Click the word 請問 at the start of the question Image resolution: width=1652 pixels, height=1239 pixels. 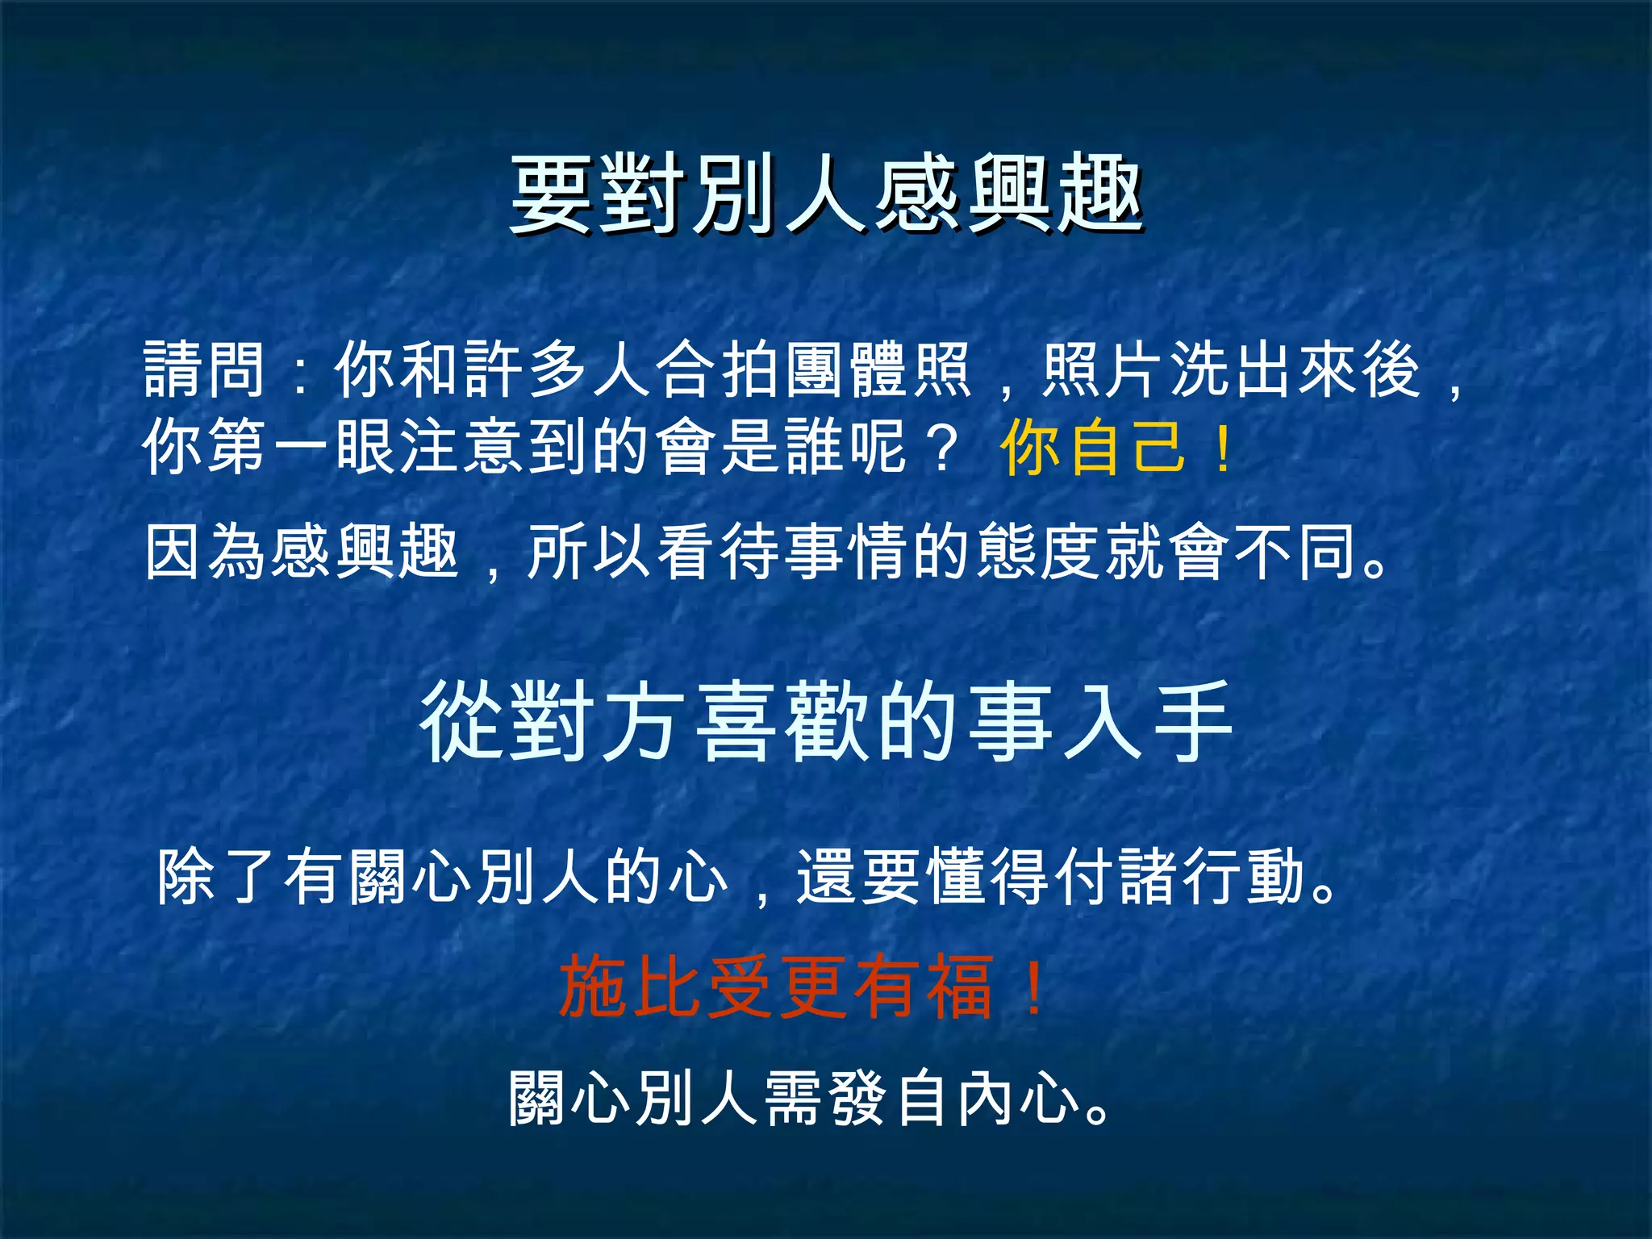(x=204, y=369)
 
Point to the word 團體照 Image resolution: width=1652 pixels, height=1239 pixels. (x=879, y=369)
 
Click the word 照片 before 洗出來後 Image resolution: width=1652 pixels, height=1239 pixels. (x=1105, y=369)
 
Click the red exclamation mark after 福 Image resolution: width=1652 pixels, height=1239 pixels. (x=1032, y=986)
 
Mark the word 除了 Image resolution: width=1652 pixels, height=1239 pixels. (x=218, y=877)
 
